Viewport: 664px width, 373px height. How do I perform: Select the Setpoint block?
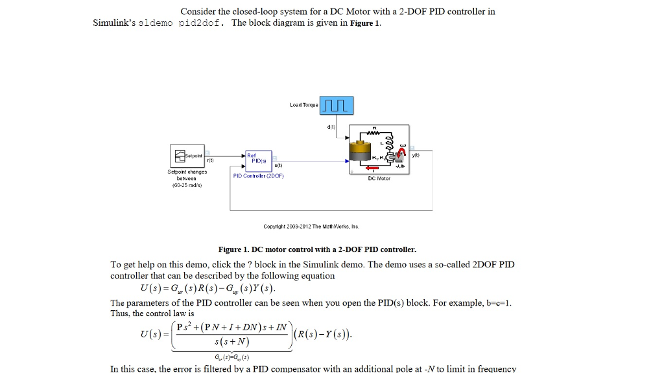click(x=188, y=157)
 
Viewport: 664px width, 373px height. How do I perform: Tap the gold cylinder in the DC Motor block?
click(x=358, y=151)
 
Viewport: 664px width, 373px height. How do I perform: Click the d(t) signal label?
click(x=331, y=128)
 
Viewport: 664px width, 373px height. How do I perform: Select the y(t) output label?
click(x=416, y=155)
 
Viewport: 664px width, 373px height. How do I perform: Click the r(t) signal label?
click(x=211, y=159)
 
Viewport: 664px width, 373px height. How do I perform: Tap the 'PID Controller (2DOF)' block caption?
click(x=258, y=175)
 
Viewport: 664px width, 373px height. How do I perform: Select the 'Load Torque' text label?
click(x=304, y=105)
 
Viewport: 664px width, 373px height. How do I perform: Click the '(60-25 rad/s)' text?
click(x=187, y=184)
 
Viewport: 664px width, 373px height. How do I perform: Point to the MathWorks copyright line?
click(x=311, y=227)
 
